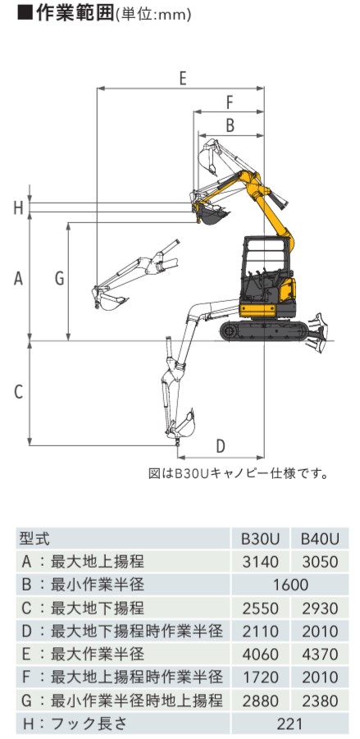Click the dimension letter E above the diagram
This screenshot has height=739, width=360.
tap(183, 77)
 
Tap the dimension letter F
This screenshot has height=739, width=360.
tap(230, 102)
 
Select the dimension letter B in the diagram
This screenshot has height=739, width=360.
tap(230, 125)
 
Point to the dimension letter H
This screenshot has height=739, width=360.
tap(18, 208)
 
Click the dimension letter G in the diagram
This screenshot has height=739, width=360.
tap(59, 279)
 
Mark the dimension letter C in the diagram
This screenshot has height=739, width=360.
tap(18, 392)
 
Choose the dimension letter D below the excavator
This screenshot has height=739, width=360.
tap(221, 446)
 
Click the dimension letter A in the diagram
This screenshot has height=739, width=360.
tap(18, 279)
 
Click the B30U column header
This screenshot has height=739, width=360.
tap(261, 539)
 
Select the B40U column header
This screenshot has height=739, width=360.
tap(320, 539)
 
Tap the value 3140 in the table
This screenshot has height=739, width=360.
tap(261, 562)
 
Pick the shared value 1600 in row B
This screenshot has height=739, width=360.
tap(290, 585)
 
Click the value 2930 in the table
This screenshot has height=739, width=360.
tap(320, 608)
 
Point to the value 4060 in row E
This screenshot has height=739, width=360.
tap(261, 655)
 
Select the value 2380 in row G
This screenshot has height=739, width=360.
tap(320, 700)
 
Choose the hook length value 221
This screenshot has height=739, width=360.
tap(290, 723)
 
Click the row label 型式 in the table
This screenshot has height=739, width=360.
tap(34, 539)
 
